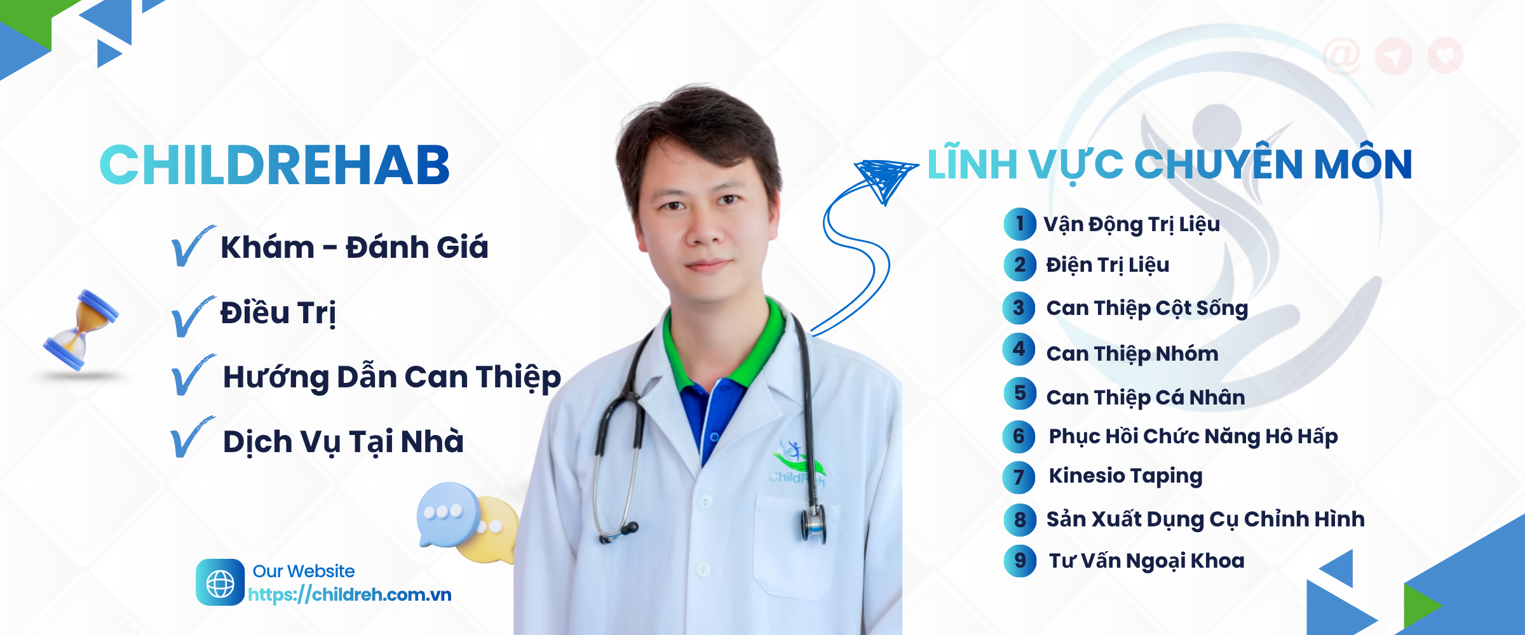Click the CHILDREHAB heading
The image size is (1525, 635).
tap(274, 165)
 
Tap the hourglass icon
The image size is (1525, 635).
tap(81, 330)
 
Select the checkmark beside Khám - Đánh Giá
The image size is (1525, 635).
tap(193, 246)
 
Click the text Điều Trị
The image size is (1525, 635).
tap(278, 313)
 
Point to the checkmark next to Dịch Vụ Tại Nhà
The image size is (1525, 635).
tap(192, 438)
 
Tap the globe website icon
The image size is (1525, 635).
tap(220, 582)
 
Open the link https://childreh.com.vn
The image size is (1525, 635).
tap(349, 595)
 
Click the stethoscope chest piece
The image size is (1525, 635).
tap(813, 524)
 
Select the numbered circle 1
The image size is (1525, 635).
tap(1020, 224)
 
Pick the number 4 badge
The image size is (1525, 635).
tap(1019, 349)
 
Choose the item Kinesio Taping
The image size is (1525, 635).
tap(1125, 476)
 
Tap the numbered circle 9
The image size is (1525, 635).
tap(1020, 561)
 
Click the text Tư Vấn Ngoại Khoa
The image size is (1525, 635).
tap(1146, 561)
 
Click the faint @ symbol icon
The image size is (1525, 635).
tap(1341, 56)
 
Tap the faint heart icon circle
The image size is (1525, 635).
tap(1446, 56)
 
